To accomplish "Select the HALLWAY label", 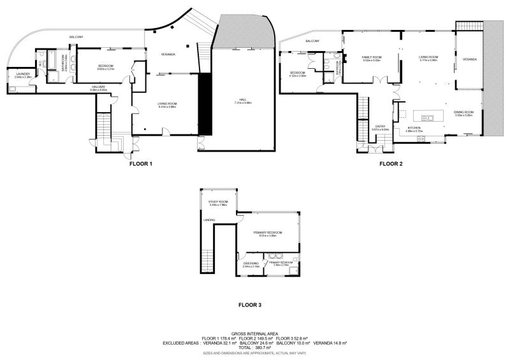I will [x=99, y=87].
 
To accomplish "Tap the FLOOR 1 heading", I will [x=141, y=164].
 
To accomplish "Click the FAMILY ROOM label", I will [x=371, y=58].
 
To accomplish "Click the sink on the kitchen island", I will [x=427, y=117].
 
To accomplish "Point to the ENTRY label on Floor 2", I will [x=380, y=126].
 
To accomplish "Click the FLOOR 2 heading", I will [x=391, y=164].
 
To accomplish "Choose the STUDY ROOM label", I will [x=218, y=203].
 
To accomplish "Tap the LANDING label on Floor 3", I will [x=209, y=220].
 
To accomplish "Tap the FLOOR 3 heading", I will [x=250, y=305].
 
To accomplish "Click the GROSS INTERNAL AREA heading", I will [x=255, y=333].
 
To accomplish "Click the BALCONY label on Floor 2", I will [x=312, y=41].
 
